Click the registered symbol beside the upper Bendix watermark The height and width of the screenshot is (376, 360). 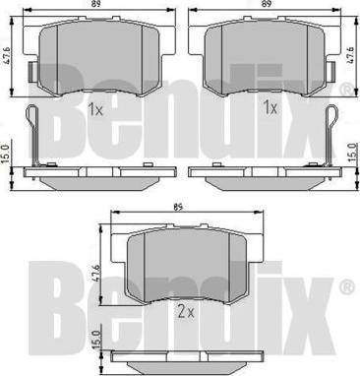(345, 91)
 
